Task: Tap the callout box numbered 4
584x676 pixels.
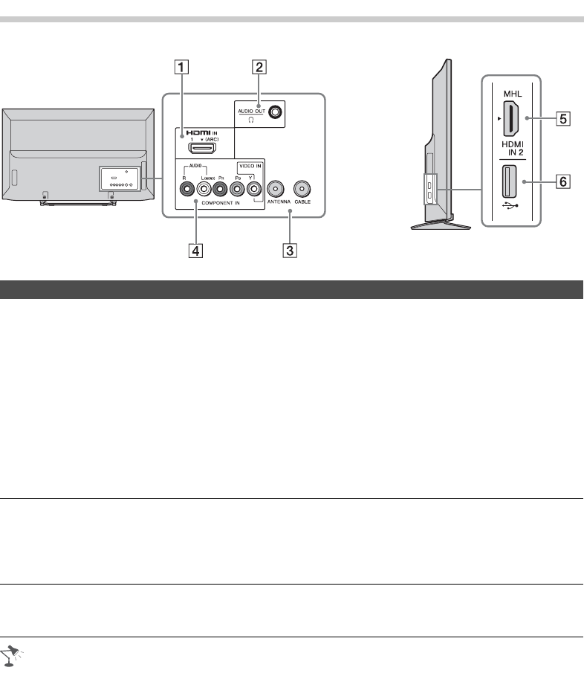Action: [195, 251]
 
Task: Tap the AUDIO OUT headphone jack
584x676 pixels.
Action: [276, 112]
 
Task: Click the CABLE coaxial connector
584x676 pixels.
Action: [302, 188]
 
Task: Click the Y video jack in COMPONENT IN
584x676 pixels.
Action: [255, 188]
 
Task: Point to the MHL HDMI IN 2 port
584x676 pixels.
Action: [511, 119]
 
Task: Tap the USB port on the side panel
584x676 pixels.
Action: [511, 181]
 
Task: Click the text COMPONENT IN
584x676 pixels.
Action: [218, 202]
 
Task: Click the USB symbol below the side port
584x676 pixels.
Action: [511, 211]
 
